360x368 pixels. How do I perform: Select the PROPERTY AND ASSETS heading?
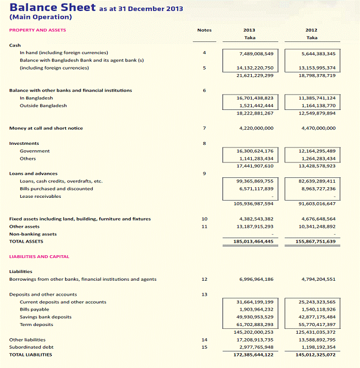[38, 30]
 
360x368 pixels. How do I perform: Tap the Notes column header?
[204, 30]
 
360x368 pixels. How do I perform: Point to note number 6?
[204, 90]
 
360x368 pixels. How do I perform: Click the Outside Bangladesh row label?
[43, 106]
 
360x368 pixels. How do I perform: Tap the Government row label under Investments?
[35, 151]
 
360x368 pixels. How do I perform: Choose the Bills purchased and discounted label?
[56, 188]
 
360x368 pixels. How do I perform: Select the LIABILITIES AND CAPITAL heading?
[39, 256]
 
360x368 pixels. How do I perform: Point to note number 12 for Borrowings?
[204, 279]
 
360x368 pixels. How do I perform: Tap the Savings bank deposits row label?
[46, 317]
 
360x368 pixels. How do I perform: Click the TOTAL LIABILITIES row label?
[31, 355]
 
